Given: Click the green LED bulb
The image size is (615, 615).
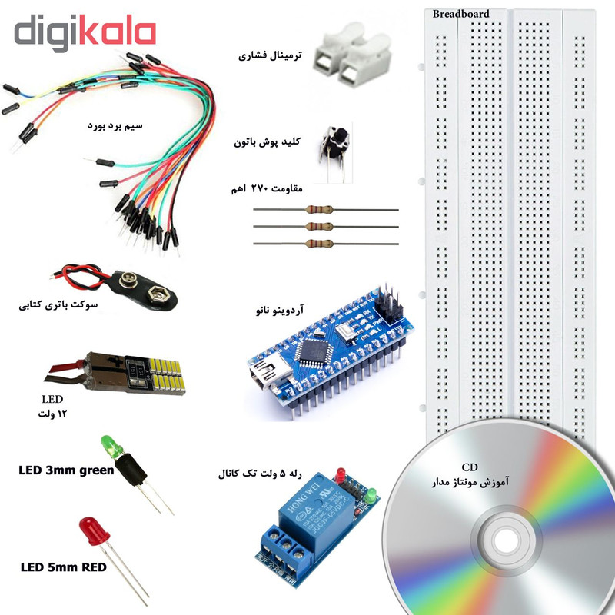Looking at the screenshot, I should tap(109, 445).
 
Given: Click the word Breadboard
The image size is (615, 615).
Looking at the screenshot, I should tap(460, 13).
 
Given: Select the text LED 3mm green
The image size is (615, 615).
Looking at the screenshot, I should tap(66, 470).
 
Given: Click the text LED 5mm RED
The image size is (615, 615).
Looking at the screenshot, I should tap(63, 568).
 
